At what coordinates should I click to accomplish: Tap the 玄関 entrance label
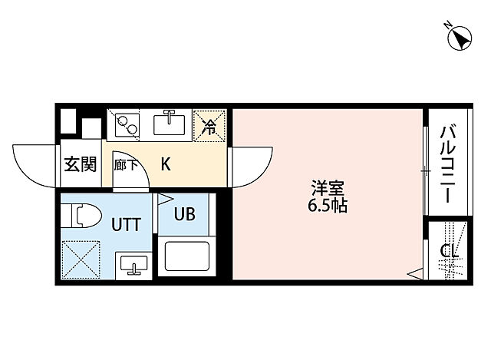79,163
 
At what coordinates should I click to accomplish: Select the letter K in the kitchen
166,163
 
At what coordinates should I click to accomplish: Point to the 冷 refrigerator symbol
209,125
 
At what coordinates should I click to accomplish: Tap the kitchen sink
170,123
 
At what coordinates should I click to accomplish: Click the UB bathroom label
185,215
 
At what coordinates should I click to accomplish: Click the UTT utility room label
127,225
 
